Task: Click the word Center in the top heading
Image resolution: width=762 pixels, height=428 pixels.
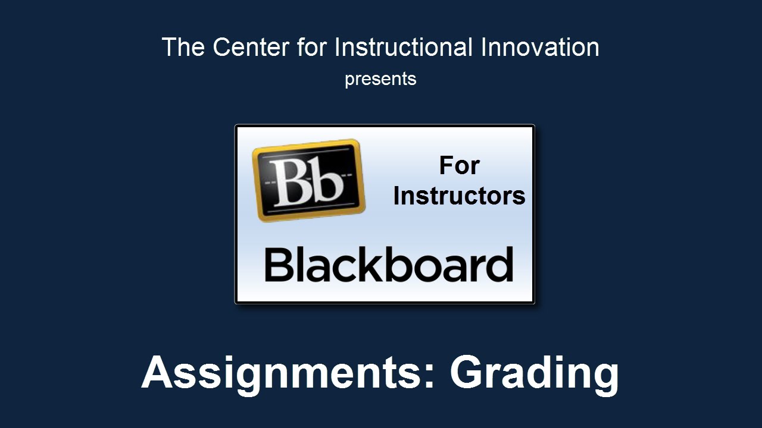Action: tap(251, 47)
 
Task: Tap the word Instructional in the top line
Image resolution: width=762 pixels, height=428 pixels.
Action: tap(404, 46)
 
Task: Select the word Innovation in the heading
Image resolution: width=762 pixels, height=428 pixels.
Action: tap(540, 46)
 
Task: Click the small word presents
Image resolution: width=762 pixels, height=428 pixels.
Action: tap(380, 80)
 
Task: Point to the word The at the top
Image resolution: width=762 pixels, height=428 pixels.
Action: tap(183, 47)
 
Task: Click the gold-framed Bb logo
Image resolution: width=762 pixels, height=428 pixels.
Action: tap(308, 180)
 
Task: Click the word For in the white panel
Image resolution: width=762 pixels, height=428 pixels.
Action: tap(459, 165)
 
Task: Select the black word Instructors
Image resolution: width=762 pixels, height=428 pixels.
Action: tap(459, 196)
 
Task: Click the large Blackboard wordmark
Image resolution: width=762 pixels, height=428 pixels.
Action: tap(389, 265)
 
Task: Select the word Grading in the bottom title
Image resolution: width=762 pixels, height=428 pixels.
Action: tap(535, 374)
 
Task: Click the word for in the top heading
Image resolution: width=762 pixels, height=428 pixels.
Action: tap(312, 47)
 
